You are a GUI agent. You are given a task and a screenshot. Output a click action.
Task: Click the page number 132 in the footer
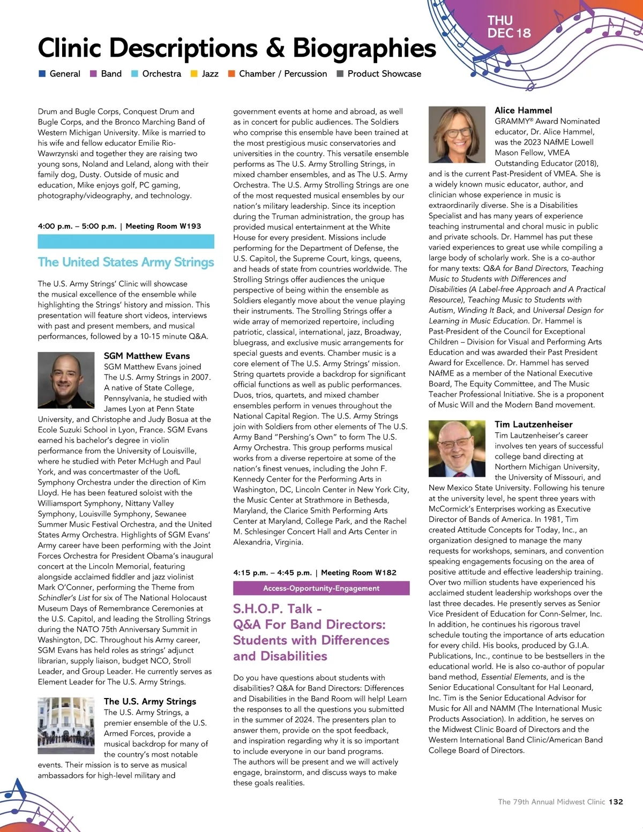616,801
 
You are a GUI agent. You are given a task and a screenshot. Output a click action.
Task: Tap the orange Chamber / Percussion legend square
231,74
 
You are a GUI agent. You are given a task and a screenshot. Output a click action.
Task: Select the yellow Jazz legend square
194,74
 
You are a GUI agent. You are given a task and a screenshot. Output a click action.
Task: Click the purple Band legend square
93,74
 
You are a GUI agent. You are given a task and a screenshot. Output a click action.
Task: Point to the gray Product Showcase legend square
340,74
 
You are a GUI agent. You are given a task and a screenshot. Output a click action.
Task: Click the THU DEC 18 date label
509,27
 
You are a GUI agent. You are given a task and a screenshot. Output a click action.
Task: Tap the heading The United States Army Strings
126,262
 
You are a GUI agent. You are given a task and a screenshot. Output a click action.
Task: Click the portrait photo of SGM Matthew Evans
66,380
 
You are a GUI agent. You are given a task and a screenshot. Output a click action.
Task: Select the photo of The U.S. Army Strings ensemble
66,725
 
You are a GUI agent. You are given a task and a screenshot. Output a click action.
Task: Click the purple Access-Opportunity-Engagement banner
321,588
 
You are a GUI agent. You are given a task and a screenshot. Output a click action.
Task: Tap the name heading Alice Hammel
523,110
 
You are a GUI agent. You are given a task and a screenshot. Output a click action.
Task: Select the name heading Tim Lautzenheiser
533,424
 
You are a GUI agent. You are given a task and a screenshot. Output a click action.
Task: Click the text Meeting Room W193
163,226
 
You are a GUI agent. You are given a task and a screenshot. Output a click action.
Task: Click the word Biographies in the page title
364,48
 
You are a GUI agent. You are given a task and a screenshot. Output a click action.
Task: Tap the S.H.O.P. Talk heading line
277,609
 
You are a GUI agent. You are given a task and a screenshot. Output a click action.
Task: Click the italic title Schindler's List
64,598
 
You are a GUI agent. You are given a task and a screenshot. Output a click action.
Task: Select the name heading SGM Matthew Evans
147,356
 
